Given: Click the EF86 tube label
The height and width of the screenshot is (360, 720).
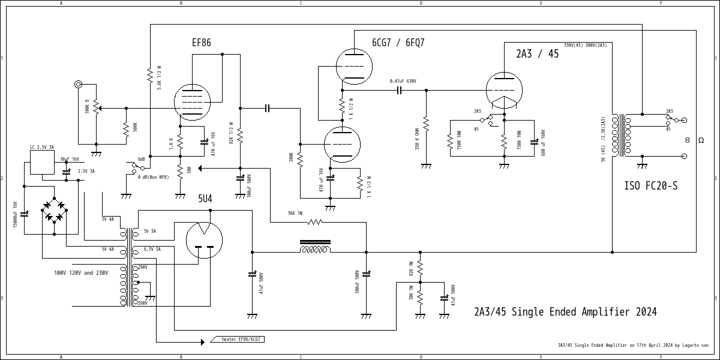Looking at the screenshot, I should [201, 43].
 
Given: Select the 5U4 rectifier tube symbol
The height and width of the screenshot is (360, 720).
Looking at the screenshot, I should [204, 240].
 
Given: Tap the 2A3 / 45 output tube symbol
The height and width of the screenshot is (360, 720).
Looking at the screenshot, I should [503, 90].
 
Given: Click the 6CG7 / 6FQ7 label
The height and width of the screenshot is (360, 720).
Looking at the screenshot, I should [398, 43].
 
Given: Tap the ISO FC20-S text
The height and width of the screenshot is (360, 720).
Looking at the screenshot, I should [651, 186].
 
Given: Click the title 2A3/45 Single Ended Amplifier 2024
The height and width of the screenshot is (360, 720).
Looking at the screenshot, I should [565, 312].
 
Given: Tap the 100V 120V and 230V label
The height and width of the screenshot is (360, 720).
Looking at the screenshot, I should [81, 273].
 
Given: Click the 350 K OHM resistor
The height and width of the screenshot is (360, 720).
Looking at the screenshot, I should [426, 124].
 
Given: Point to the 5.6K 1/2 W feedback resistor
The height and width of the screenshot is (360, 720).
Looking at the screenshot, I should [150, 76].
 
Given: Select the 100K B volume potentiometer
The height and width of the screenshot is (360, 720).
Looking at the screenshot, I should [96, 108].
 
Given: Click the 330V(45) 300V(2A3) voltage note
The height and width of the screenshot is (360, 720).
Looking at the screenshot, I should [585, 45].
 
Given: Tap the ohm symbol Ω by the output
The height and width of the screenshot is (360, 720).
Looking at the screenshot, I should [700, 140].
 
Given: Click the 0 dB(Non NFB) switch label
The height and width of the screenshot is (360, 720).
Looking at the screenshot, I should [153, 177].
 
